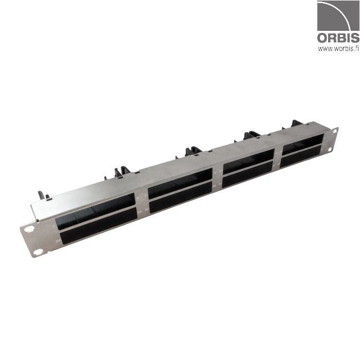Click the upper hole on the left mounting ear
coord(29,229)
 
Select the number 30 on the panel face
coord(139,207)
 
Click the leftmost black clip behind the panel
coord(43,195)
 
